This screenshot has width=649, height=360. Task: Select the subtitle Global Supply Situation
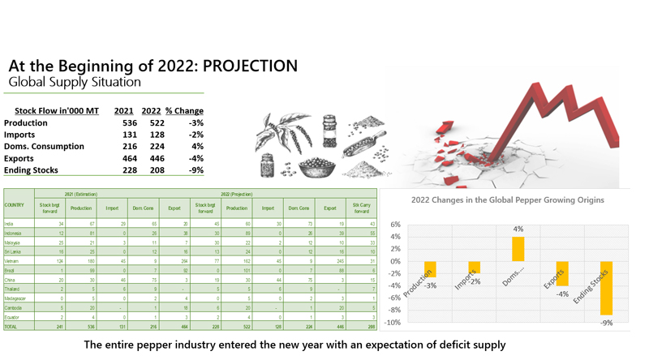[x=75, y=82]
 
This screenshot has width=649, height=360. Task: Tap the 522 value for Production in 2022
[x=151, y=122]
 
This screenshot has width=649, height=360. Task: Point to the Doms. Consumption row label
[x=44, y=146]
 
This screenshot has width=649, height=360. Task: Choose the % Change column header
[x=184, y=110]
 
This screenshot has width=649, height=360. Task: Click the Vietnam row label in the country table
[x=11, y=262]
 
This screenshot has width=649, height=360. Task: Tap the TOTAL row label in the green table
[x=11, y=325]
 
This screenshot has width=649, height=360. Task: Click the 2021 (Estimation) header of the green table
[x=81, y=195]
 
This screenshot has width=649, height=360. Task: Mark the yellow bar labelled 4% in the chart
[x=518, y=249]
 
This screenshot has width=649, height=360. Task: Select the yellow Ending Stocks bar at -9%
[x=606, y=288]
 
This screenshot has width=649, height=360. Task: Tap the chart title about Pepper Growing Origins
[x=507, y=199]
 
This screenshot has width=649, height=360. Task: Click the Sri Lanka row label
[x=12, y=251]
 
